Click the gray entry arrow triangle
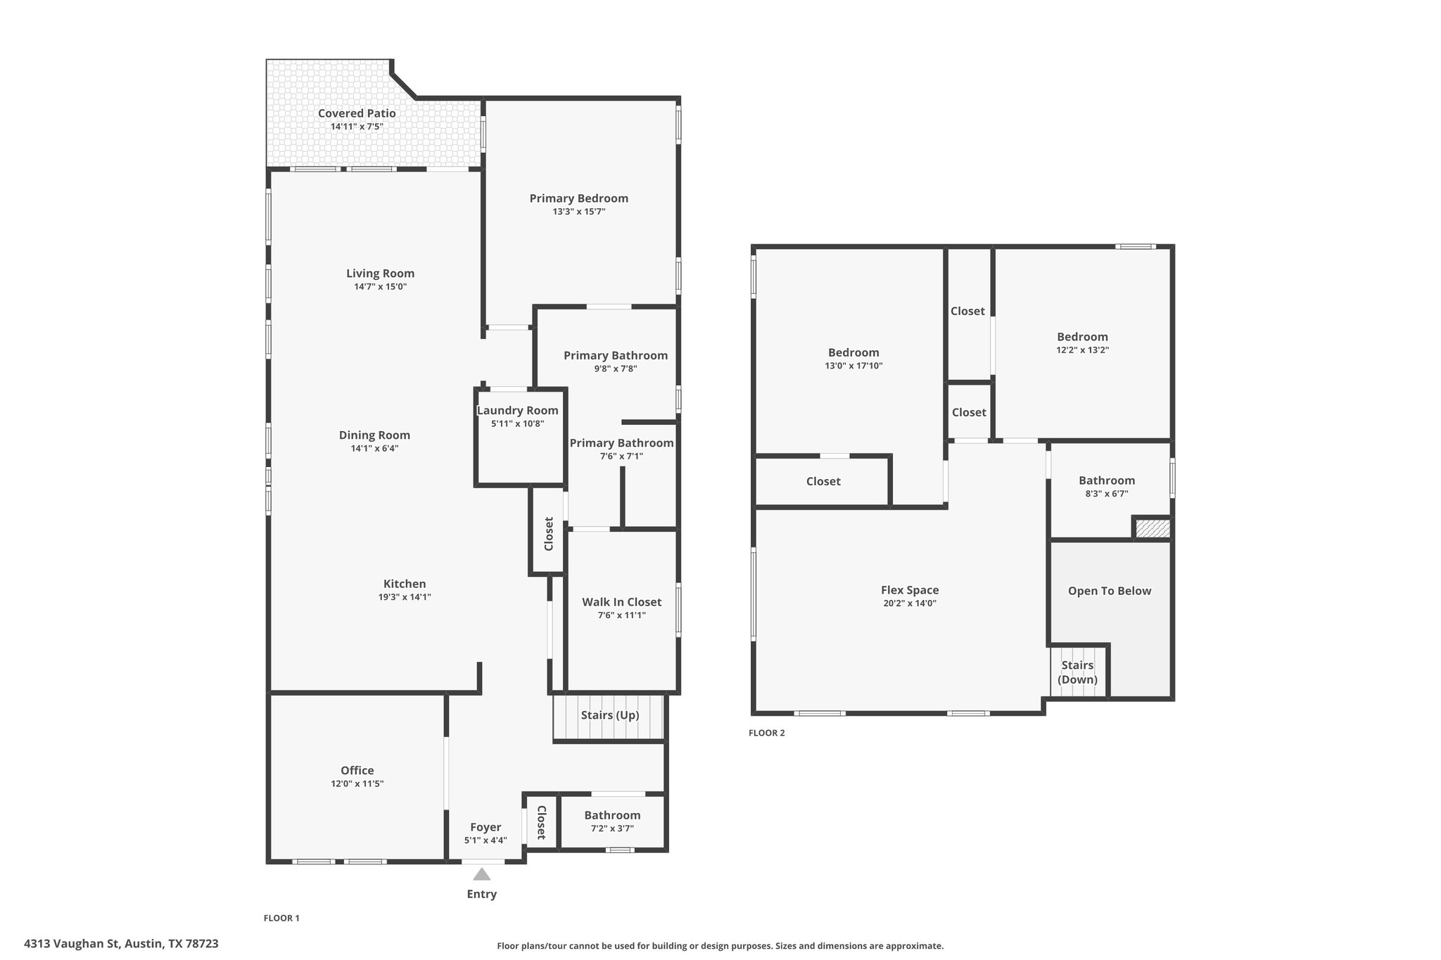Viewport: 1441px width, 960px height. pos(481,874)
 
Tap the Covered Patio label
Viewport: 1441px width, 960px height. pos(357,113)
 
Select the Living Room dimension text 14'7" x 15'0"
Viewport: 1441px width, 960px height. pos(380,287)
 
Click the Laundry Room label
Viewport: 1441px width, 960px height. pos(518,411)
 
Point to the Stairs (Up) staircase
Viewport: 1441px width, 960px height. pos(609,717)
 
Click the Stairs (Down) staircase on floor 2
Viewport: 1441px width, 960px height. pos(1078,672)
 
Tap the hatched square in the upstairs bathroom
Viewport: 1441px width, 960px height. pos(1152,528)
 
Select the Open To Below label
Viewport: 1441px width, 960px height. pos(1110,591)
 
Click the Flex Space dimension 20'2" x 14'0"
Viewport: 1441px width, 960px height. pos(910,603)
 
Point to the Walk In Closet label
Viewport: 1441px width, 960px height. pos(621,602)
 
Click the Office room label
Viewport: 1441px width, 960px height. pos(357,771)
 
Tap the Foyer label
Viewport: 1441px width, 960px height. pos(485,828)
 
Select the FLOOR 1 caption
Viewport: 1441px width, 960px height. pos(281,918)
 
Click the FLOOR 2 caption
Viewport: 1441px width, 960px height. pos(766,733)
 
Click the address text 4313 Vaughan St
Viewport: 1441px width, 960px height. pos(71,944)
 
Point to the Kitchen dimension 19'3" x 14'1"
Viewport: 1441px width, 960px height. pos(405,597)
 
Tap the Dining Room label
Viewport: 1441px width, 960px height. pos(374,435)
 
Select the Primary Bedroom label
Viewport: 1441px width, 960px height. pos(579,198)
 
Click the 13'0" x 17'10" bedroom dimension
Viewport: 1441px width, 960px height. pos(853,366)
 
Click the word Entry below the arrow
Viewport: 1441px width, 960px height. pos(482,895)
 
